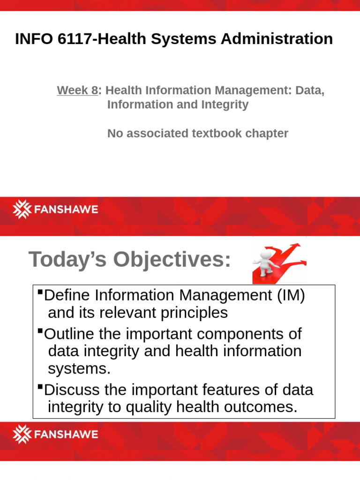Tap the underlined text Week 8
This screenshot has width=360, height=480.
pyautogui.click(x=77, y=90)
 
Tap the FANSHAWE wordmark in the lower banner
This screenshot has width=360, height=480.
pyautogui.click(x=65, y=434)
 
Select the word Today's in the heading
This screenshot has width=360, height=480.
pyautogui.click(x=69, y=260)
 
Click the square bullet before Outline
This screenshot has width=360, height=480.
pyautogui.click(x=40, y=331)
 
